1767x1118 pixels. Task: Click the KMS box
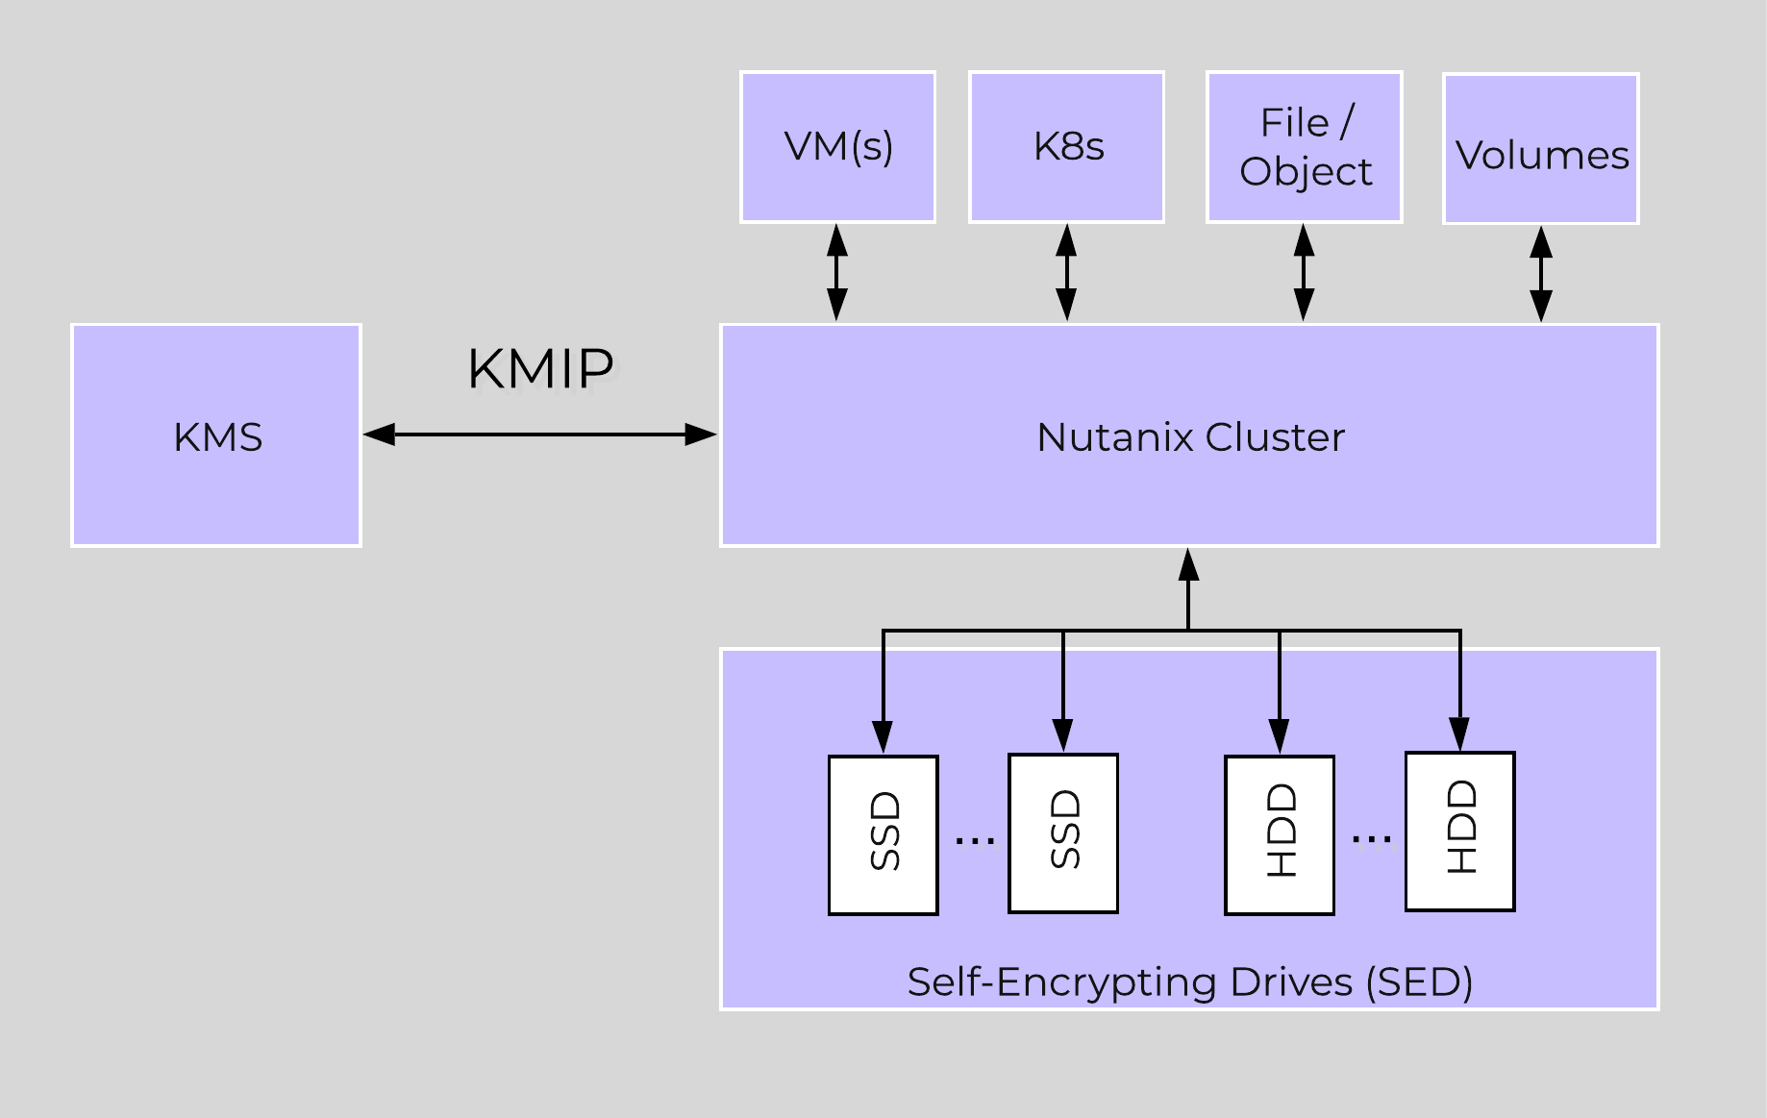(216, 435)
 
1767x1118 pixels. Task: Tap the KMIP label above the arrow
(540, 368)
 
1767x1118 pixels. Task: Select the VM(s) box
(837, 147)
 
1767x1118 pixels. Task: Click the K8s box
(1067, 147)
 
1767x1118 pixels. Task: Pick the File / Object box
(1305, 147)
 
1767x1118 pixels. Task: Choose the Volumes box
(1541, 150)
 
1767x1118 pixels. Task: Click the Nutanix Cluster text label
(1190, 437)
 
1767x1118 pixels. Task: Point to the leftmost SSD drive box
(883, 833)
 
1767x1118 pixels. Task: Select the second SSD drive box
(1063, 832)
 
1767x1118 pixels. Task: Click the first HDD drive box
(1280, 833)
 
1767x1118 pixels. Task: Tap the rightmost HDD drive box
(1460, 830)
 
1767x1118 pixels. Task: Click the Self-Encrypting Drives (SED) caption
(1190, 982)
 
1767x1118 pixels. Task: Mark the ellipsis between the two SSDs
(974, 841)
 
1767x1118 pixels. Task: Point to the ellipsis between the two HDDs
(1371, 840)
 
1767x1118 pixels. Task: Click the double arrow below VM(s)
(837, 273)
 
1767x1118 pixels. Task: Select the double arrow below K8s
(1066, 273)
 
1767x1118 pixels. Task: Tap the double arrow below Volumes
(1541, 274)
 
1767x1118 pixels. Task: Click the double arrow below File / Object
(1304, 273)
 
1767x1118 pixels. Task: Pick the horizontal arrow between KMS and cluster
(540, 435)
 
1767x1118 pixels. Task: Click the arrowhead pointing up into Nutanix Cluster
(1189, 565)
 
